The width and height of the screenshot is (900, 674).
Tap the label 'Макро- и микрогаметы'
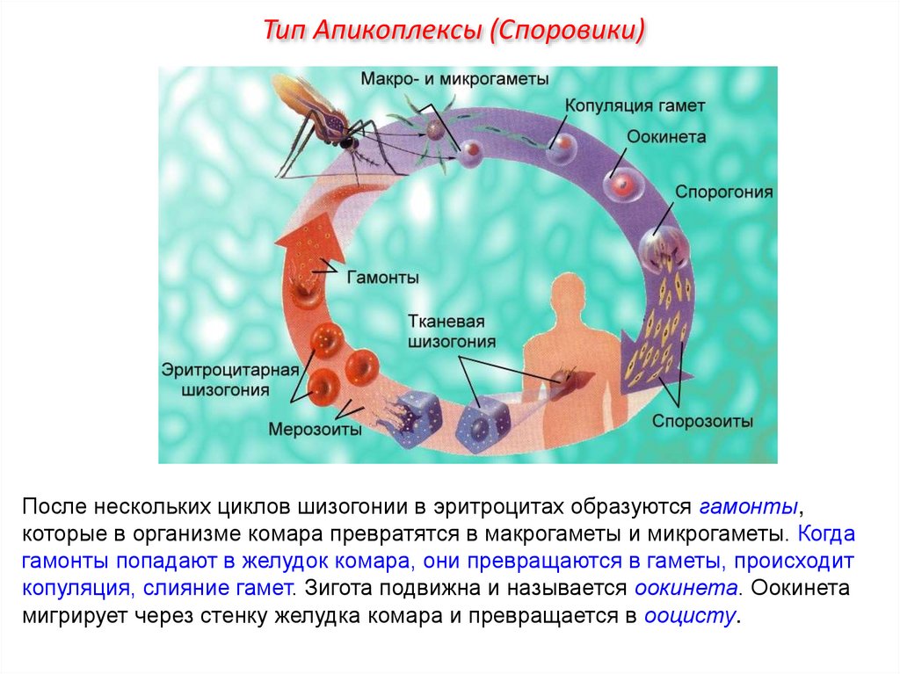click(454, 79)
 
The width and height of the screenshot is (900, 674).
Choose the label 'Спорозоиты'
click(702, 421)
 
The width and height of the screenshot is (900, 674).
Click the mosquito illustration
click(334, 123)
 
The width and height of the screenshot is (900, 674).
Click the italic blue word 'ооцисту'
click(691, 616)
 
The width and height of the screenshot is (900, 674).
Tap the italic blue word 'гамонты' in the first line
click(750, 507)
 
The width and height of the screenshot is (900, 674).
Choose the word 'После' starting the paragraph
click(54, 507)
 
